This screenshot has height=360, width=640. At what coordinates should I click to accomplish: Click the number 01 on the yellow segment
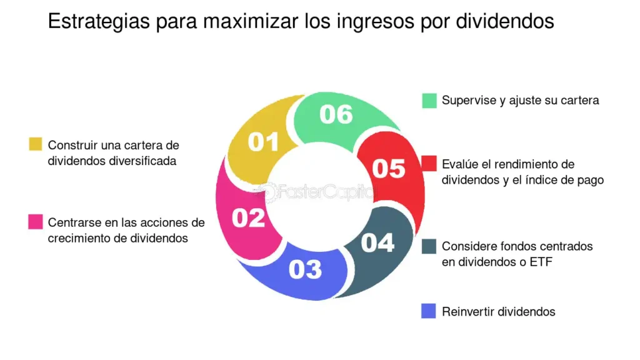[x=263, y=142]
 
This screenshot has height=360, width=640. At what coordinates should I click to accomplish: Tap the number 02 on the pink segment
[x=249, y=218]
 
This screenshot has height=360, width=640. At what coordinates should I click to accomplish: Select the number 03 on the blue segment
[x=305, y=269]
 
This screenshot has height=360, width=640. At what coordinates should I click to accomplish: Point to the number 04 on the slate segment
[x=377, y=243]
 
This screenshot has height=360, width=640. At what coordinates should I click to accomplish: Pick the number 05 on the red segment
[x=389, y=169]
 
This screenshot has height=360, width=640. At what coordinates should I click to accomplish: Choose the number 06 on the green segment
[x=336, y=114]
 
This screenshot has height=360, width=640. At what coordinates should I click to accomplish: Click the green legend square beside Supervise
[x=429, y=101]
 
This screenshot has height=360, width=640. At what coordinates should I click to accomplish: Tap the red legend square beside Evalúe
[x=429, y=163]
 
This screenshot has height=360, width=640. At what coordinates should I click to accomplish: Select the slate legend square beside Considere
[x=429, y=246]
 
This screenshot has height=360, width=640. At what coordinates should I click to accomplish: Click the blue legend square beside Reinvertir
[x=429, y=311]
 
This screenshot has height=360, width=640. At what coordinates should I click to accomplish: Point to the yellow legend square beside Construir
[x=36, y=144]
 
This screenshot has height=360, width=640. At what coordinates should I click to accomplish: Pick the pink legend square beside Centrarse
[x=36, y=222]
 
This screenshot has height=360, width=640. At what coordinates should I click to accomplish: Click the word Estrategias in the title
[x=99, y=22]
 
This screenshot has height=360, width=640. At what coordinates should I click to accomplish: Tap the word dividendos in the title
[x=505, y=21]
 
